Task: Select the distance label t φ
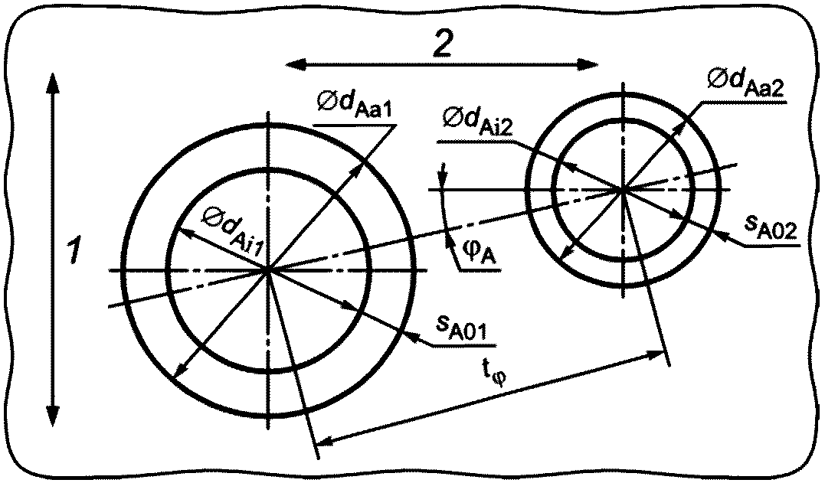pos(493,376)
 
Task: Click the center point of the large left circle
pos(268,270)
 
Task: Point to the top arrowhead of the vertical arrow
pos(51,80)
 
